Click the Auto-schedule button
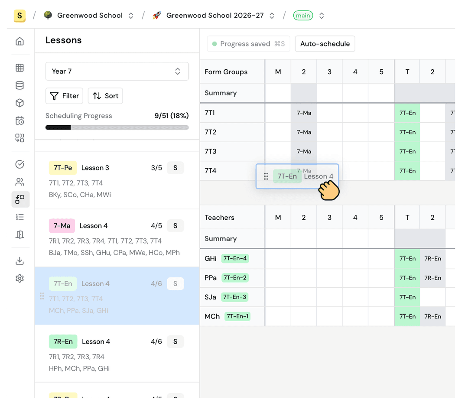click(x=325, y=44)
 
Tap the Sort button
click(x=105, y=96)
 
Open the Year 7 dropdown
click(x=117, y=71)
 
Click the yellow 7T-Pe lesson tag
click(x=63, y=168)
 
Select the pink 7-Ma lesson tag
click(x=62, y=226)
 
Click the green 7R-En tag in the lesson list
click(x=63, y=342)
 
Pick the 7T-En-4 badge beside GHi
click(x=235, y=259)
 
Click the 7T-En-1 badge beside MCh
click(x=237, y=316)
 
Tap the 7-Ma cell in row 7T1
click(x=304, y=113)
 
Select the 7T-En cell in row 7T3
click(x=407, y=151)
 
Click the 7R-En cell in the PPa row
click(x=432, y=278)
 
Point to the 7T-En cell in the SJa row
click(x=407, y=297)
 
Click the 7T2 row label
click(x=211, y=132)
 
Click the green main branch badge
click(x=303, y=16)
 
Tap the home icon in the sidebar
click(x=19, y=42)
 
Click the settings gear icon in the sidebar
click(x=19, y=279)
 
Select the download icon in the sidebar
click(x=19, y=261)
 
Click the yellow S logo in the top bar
click(x=19, y=16)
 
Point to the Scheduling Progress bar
click(x=117, y=127)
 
